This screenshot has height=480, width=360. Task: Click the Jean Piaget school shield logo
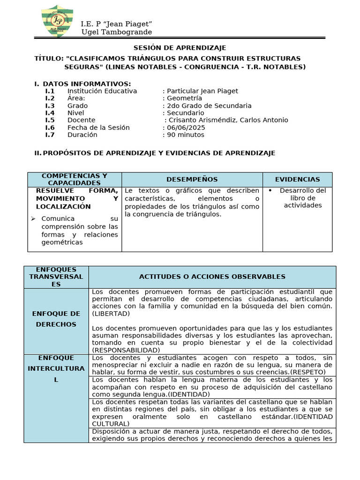57,21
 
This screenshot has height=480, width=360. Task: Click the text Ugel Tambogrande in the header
117,32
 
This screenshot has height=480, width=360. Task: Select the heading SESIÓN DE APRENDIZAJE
180,48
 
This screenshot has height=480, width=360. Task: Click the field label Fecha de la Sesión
98,127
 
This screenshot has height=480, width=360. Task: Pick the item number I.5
50,120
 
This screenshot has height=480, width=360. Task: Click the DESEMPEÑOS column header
192,180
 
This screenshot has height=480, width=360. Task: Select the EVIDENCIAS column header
297,180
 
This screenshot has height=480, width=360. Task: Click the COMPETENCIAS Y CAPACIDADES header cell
75,179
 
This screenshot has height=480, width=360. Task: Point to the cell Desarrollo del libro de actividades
302,198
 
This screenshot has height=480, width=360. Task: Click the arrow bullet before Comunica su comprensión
33,219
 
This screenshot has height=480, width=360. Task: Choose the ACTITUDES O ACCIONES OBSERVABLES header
212,277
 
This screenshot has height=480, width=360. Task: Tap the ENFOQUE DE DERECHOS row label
56,319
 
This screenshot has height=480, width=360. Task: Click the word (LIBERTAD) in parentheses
111,314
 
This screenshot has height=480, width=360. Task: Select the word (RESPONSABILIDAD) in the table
126,350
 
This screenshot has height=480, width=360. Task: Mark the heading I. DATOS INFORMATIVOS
82,83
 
